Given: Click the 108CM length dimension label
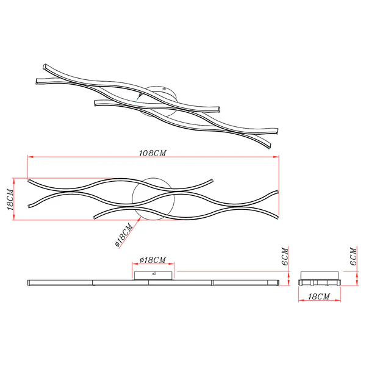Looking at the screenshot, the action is coord(152,153).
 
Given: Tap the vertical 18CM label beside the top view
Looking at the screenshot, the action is coord(10,199).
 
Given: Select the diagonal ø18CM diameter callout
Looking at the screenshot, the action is coord(124,235).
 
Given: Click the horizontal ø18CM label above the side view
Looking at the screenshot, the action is coord(153,260).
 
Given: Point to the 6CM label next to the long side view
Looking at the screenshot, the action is coord(285,256).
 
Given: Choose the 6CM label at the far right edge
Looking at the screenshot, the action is coord(353,256).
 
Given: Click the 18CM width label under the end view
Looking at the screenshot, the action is coord(319,296).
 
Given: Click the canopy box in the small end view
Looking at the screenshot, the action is coord(319,276).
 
